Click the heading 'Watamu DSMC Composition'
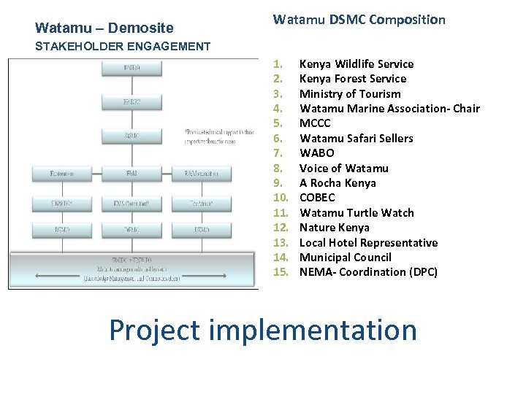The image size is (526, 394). tap(359, 20)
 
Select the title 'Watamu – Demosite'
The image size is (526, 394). tap(104, 28)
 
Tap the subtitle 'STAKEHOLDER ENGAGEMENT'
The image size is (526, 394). tap(123, 47)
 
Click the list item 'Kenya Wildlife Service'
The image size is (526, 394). tap(357, 64)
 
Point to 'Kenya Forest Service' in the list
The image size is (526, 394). tap(353, 79)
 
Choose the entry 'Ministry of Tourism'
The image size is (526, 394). tap(350, 94)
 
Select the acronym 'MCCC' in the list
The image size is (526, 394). tap(315, 123)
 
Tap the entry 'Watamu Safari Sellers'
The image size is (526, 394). tap(357, 139)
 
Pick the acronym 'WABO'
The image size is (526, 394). tap(317, 153)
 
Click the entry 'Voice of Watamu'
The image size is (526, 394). tap(344, 169)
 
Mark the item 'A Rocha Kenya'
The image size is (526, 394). tap(338, 183)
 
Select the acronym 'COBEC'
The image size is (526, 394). tap(318, 198)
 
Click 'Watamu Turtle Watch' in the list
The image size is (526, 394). tap(357, 213)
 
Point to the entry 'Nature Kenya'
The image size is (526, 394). tap(335, 228)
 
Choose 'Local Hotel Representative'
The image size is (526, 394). tap(369, 243)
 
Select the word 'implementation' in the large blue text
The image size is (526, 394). tap(313, 330)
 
